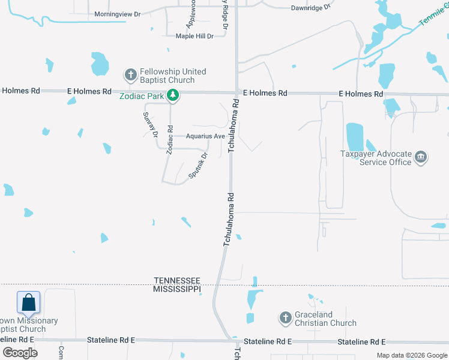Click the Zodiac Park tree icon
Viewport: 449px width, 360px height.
(173, 95)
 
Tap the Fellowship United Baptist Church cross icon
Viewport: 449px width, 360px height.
(130, 76)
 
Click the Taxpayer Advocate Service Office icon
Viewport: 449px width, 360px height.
(421, 158)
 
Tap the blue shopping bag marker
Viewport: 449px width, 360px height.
(29, 302)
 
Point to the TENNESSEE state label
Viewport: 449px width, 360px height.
(177, 280)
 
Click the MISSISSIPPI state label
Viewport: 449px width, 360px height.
(177, 289)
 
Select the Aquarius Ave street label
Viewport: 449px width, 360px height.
(205, 136)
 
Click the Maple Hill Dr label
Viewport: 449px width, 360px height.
(194, 37)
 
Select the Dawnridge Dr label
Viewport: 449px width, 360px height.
(310, 8)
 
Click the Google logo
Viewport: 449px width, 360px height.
(20, 352)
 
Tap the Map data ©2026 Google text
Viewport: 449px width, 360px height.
(411, 355)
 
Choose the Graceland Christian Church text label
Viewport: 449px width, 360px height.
(325, 319)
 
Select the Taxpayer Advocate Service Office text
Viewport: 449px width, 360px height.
(376, 158)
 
